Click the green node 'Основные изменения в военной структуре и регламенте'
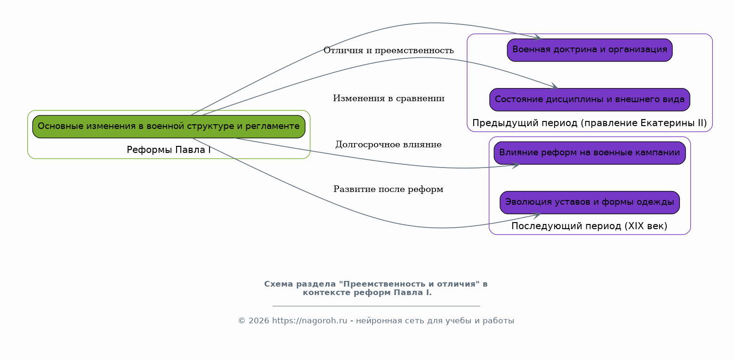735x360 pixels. click(x=169, y=127)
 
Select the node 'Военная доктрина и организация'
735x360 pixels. click(x=590, y=50)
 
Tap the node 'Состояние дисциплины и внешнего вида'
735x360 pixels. click(x=590, y=100)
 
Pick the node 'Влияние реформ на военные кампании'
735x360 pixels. click(x=590, y=153)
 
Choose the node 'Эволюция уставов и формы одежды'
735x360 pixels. click(x=590, y=203)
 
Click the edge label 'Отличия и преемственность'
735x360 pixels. click(x=388, y=50)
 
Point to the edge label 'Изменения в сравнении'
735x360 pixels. click(x=388, y=98)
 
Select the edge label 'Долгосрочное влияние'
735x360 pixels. click(x=388, y=144)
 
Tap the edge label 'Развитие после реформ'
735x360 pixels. click(x=388, y=189)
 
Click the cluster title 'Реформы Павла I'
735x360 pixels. click(x=169, y=150)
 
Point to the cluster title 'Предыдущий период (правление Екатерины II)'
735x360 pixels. click(x=590, y=123)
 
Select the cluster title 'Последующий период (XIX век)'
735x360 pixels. click(x=590, y=226)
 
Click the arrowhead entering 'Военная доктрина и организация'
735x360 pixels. click(x=537, y=37)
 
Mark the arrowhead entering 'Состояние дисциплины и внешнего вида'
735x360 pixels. click(x=554, y=86)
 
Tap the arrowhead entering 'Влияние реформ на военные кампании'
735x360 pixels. click(x=516, y=165)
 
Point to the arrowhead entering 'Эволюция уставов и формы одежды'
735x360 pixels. click(x=537, y=216)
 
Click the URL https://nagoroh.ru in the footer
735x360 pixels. click(x=309, y=320)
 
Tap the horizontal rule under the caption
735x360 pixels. click(x=376, y=306)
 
